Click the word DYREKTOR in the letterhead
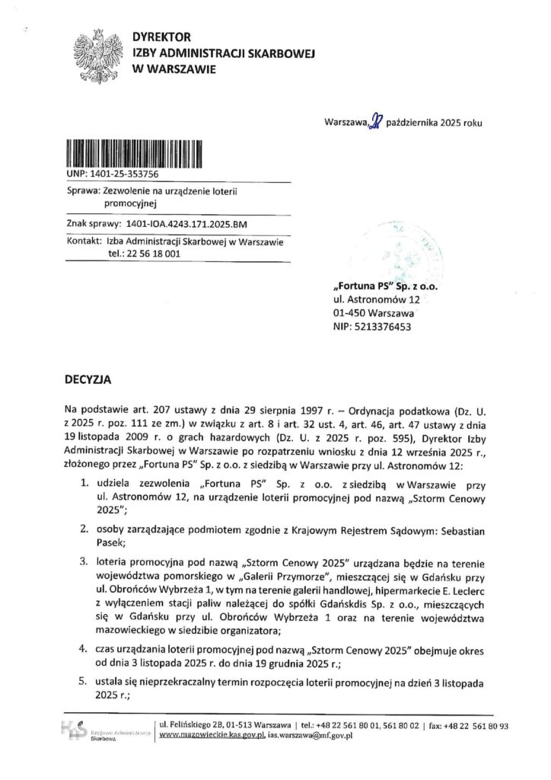click(x=161, y=37)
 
